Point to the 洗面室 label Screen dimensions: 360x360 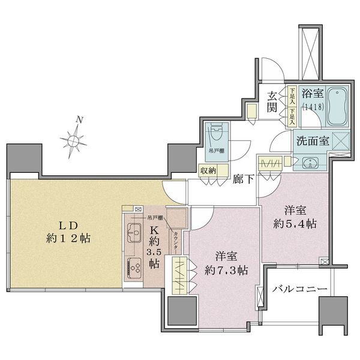click(310, 143)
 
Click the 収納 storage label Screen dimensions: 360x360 click(208, 171)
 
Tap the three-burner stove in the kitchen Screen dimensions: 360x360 click(133, 266)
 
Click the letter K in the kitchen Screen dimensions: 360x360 click(154, 230)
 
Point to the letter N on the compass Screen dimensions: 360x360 click(80, 120)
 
